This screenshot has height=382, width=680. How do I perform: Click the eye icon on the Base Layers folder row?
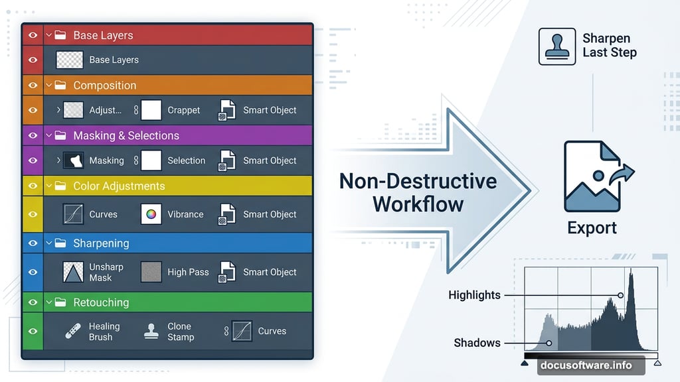[33, 35]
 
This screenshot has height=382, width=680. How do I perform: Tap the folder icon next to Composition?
[60, 86]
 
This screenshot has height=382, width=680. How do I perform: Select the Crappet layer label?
[184, 110]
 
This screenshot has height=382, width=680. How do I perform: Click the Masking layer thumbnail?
[73, 160]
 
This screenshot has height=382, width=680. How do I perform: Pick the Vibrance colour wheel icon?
[151, 214]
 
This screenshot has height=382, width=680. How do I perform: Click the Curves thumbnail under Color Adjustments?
[73, 214]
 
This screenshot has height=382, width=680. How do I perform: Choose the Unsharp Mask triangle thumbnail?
[73, 272]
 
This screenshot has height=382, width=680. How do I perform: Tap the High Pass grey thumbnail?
[151, 272]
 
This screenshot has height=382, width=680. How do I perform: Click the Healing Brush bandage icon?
[73, 331]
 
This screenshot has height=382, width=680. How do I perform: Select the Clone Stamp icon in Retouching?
[151, 331]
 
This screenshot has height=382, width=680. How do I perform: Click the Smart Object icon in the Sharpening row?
[228, 272]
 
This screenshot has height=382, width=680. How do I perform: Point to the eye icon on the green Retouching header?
[33, 302]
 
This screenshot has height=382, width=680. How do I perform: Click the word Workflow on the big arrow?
[418, 203]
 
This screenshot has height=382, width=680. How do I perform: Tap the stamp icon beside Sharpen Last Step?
[557, 46]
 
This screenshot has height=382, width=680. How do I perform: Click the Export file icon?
[592, 176]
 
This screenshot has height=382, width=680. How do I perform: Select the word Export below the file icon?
[592, 228]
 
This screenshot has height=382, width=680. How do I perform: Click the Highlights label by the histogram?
[474, 295]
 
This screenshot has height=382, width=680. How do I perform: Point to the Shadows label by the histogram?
[477, 343]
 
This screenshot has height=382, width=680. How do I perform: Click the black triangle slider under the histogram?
[525, 363]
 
